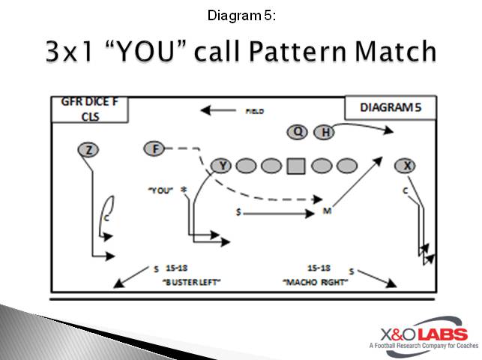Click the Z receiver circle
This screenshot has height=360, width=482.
tap(88, 150)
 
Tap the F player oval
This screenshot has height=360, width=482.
tap(154, 148)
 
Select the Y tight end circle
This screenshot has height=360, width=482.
tap(221, 166)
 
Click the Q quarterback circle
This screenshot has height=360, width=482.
tap(298, 132)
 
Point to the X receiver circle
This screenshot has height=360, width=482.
tap(405, 165)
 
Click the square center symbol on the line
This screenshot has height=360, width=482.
tap(296, 166)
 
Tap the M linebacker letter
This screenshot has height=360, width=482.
tap(327, 211)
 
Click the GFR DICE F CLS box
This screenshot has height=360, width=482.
tap(88, 109)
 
